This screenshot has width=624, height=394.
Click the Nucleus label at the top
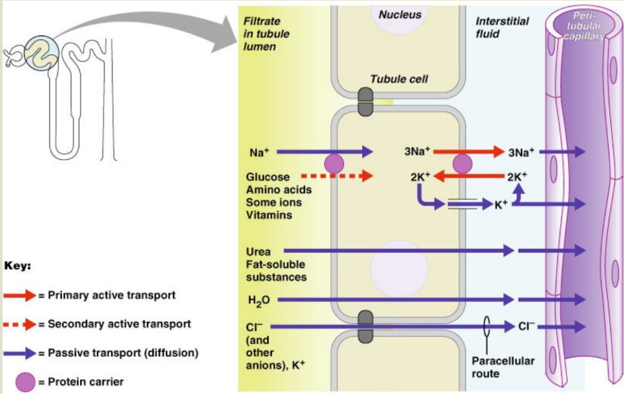[400, 15]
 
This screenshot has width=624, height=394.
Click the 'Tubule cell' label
[399, 79]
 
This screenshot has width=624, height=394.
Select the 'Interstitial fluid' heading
[502, 27]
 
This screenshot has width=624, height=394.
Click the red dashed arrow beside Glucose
[337, 176]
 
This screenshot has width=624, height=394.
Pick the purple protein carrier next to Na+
[334, 164]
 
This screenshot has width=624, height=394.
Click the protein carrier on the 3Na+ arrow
[462, 164]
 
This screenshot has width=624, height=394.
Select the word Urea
[258, 252]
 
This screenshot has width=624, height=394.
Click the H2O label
[259, 300]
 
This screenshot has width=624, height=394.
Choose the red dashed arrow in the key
[20, 324]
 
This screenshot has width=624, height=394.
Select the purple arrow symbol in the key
[20, 353]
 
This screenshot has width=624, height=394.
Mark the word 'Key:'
[18, 267]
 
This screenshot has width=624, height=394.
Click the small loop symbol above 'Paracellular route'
[487, 326]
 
